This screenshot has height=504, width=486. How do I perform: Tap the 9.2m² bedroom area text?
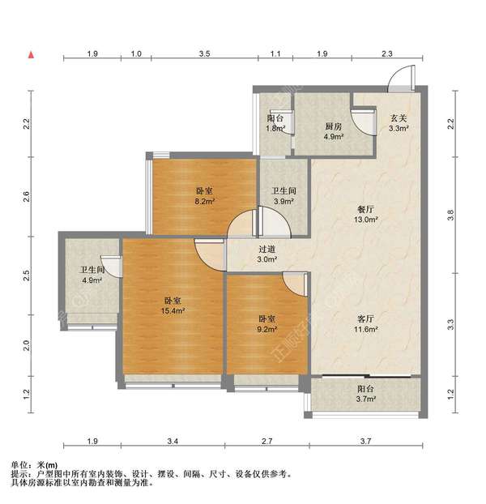click(268, 330)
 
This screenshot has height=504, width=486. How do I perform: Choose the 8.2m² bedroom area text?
click(203, 203)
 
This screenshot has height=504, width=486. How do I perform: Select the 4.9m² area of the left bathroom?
click(90, 281)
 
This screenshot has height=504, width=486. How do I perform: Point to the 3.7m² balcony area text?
click(365, 399)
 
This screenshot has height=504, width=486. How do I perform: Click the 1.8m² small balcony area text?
click(275, 128)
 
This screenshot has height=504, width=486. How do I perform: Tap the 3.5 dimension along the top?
click(204, 53)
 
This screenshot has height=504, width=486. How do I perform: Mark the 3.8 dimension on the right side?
click(451, 214)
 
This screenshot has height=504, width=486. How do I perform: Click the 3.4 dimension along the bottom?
click(173, 442)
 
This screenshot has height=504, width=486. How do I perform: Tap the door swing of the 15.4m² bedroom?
click(208, 253)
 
